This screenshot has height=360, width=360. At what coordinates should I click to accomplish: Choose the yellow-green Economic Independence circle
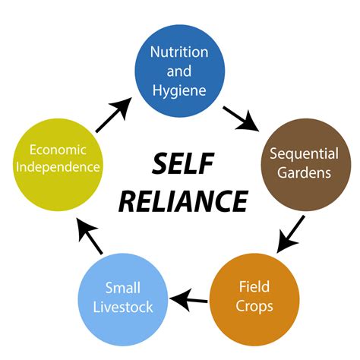(57, 158)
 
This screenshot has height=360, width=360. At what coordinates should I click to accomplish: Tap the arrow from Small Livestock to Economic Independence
(90, 238)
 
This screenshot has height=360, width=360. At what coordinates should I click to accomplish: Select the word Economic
(57, 149)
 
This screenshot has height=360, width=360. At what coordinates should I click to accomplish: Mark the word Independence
(57, 167)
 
